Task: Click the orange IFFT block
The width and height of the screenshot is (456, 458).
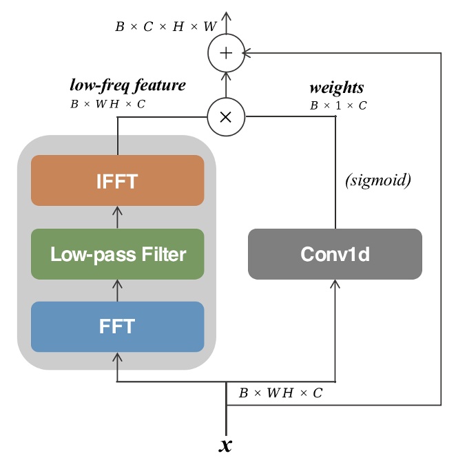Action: pyautogui.click(x=117, y=180)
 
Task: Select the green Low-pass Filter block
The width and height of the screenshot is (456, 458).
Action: pyautogui.click(x=117, y=254)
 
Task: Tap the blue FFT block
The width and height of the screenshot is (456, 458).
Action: pyautogui.click(x=117, y=326)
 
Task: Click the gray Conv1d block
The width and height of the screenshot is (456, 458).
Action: pyautogui.click(x=335, y=254)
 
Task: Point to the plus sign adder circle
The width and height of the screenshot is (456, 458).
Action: pyautogui.click(x=226, y=53)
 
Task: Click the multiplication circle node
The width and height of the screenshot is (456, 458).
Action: pyautogui.click(x=226, y=116)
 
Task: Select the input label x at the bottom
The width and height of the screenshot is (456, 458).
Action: pyautogui.click(x=225, y=445)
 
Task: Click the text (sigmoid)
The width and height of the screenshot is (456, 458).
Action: pyautogui.click(x=377, y=180)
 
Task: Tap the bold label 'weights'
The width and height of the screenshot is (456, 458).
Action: pyautogui.click(x=336, y=87)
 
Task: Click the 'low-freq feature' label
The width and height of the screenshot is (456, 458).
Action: pyautogui.click(x=127, y=85)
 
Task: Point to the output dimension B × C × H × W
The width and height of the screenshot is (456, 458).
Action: pyautogui.click(x=165, y=28)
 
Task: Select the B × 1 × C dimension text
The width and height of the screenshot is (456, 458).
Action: pyautogui.click(x=337, y=105)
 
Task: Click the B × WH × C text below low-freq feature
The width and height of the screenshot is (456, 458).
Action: pyautogui.click(x=108, y=104)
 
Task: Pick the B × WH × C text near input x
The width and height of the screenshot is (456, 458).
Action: pyautogui.click(x=280, y=393)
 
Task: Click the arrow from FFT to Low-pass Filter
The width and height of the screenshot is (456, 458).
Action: pyautogui.click(x=117, y=290)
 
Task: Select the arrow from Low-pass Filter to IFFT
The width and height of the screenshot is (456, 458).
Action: pyautogui.click(x=117, y=217)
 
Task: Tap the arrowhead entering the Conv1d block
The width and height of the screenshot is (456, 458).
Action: pyautogui.click(x=335, y=284)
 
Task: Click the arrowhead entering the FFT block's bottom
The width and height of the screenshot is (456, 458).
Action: pyautogui.click(x=117, y=357)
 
